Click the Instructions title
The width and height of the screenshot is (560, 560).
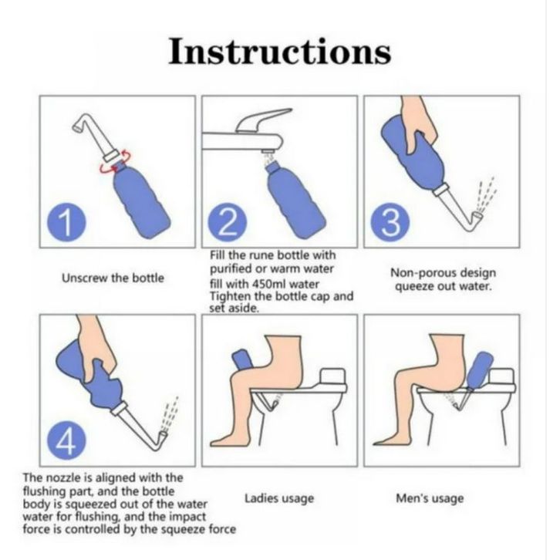(280, 52)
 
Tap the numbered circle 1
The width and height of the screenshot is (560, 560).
(66, 221)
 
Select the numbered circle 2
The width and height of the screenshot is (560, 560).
(228, 221)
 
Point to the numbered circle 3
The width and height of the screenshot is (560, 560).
(390, 221)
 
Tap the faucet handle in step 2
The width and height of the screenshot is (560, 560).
(264, 120)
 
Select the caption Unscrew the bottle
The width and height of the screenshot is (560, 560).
(113, 278)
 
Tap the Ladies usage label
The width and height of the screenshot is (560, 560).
(279, 498)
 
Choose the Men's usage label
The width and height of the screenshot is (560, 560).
(430, 498)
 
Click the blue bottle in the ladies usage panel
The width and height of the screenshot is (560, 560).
(243, 361)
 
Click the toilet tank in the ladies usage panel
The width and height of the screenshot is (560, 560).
(333, 376)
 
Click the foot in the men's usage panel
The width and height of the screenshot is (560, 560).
(390, 439)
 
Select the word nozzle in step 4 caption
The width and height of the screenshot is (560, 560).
(63, 477)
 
